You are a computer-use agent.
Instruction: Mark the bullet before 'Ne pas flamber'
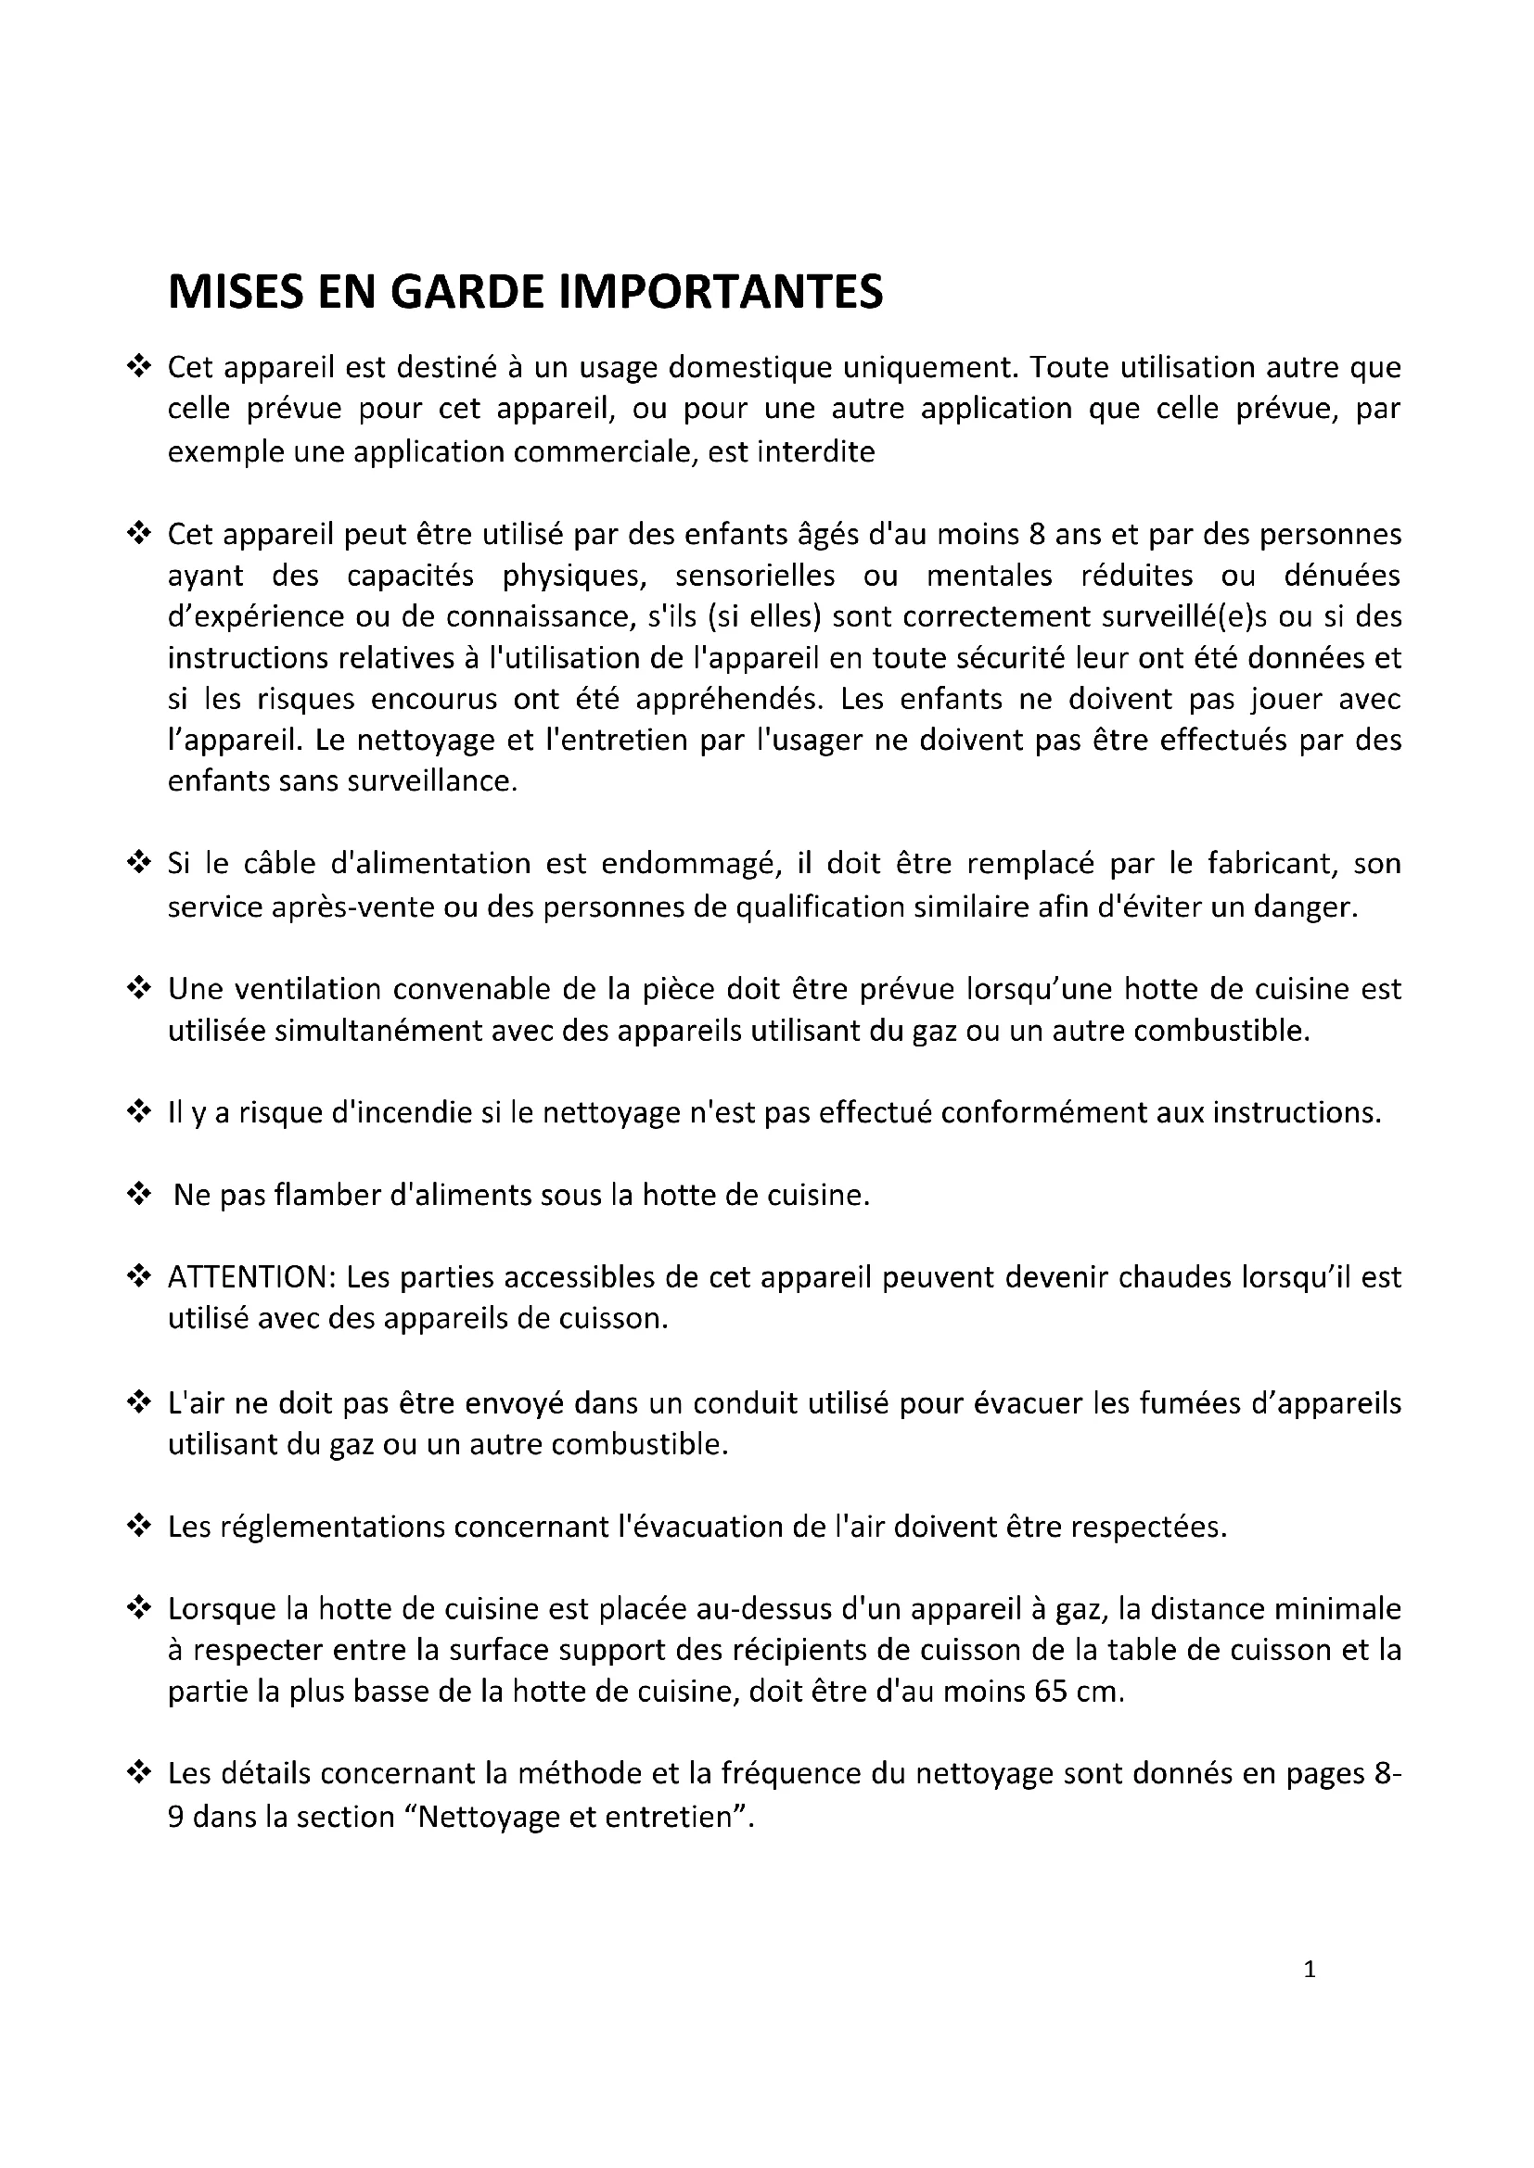coord(139,1196)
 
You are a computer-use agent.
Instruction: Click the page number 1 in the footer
coord(1310,1969)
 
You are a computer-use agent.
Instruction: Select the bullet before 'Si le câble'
coord(139,864)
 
